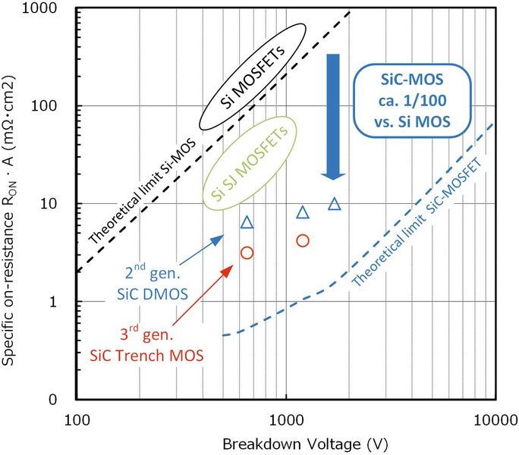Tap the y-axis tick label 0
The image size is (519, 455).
[64, 400]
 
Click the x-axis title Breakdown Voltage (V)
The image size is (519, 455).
[285, 443]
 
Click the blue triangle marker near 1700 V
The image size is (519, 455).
[335, 203]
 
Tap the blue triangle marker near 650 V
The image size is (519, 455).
[247, 222]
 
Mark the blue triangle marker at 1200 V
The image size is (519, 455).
[303, 212]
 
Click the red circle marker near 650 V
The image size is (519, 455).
[247, 253]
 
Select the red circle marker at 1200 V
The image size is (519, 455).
[303, 240]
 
